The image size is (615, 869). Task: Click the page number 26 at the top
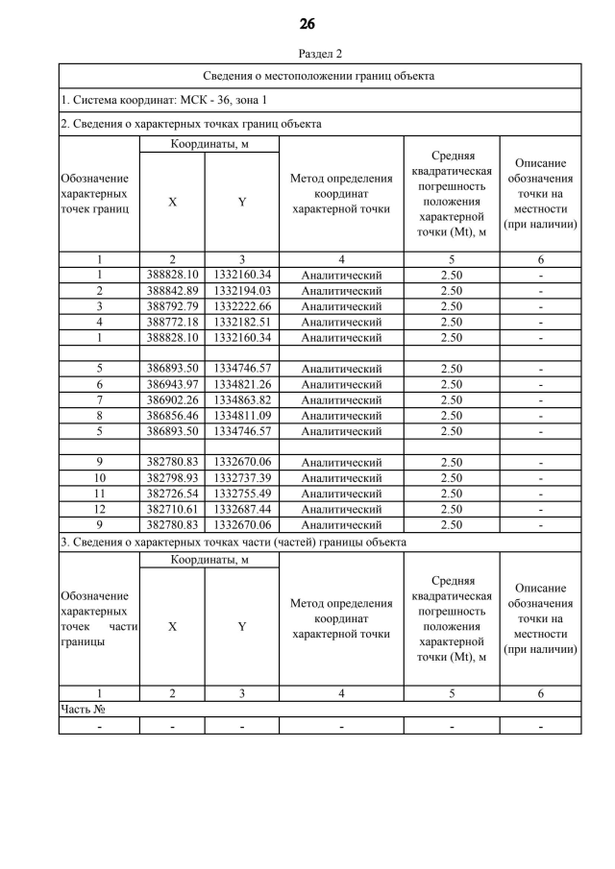307,23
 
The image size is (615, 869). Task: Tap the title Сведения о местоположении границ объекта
318,75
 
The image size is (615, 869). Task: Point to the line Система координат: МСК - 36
163,100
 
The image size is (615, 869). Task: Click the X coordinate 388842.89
172,291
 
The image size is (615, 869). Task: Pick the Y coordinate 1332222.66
242,306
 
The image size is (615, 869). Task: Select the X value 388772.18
172,322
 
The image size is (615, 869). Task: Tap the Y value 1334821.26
242,384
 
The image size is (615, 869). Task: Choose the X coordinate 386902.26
172,400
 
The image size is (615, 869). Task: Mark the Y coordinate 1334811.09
242,416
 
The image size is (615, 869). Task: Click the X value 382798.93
172,478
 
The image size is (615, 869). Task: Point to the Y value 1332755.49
242,494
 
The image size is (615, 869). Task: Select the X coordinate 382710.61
172,509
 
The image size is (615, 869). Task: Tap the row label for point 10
99,478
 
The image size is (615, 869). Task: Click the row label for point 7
99,400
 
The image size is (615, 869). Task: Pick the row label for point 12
99,509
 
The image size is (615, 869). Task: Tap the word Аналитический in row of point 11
341,494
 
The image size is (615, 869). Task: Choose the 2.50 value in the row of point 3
452,306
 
